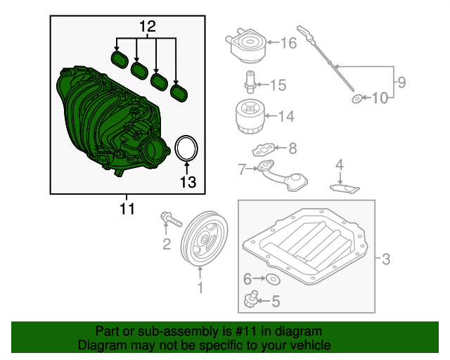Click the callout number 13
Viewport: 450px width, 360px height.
click(x=186, y=183)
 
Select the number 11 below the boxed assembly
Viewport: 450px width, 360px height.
click(x=127, y=209)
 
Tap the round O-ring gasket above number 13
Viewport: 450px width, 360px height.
click(x=186, y=148)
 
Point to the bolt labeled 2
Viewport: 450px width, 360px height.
click(x=169, y=221)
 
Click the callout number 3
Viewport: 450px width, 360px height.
click(x=385, y=259)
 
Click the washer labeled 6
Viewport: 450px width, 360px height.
click(x=273, y=280)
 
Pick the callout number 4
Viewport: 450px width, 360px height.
click(x=339, y=166)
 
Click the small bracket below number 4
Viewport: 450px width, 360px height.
click(x=345, y=187)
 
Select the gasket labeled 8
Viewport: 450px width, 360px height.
click(x=265, y=150)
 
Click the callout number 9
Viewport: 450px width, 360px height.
click(x=400, y=82)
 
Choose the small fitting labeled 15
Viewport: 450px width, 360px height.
click(x=248, y=82)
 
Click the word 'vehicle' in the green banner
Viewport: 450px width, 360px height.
click(x=308, y=346)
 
